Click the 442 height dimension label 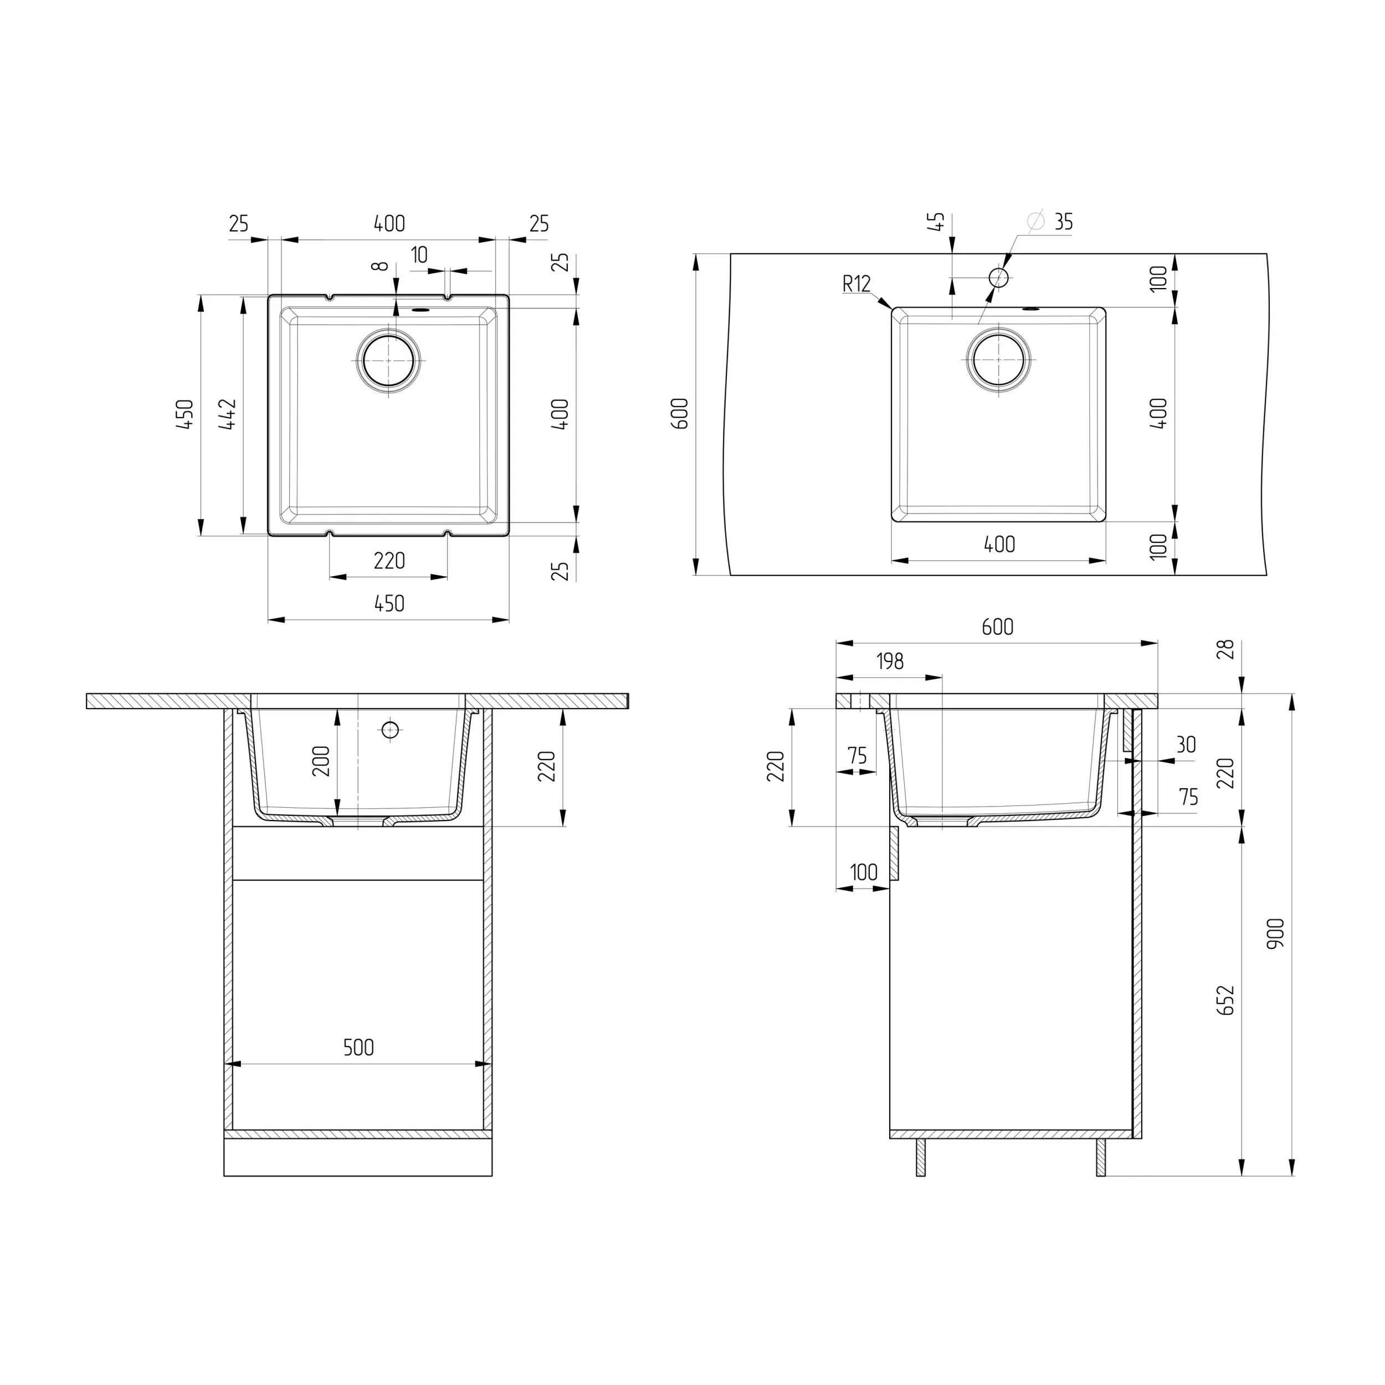228,414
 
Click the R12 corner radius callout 856,284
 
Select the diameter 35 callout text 1063,222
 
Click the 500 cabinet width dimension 358,1048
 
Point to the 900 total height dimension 1275,933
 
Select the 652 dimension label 1226,1000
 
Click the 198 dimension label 890,661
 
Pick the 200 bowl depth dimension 321,761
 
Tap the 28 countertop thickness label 1226,649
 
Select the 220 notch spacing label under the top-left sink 389,561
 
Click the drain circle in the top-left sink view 388,361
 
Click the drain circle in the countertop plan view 999,360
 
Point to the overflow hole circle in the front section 390,730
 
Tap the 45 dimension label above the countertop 936,222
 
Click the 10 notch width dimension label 419,254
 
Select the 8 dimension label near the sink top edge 381,266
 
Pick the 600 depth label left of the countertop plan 681,414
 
